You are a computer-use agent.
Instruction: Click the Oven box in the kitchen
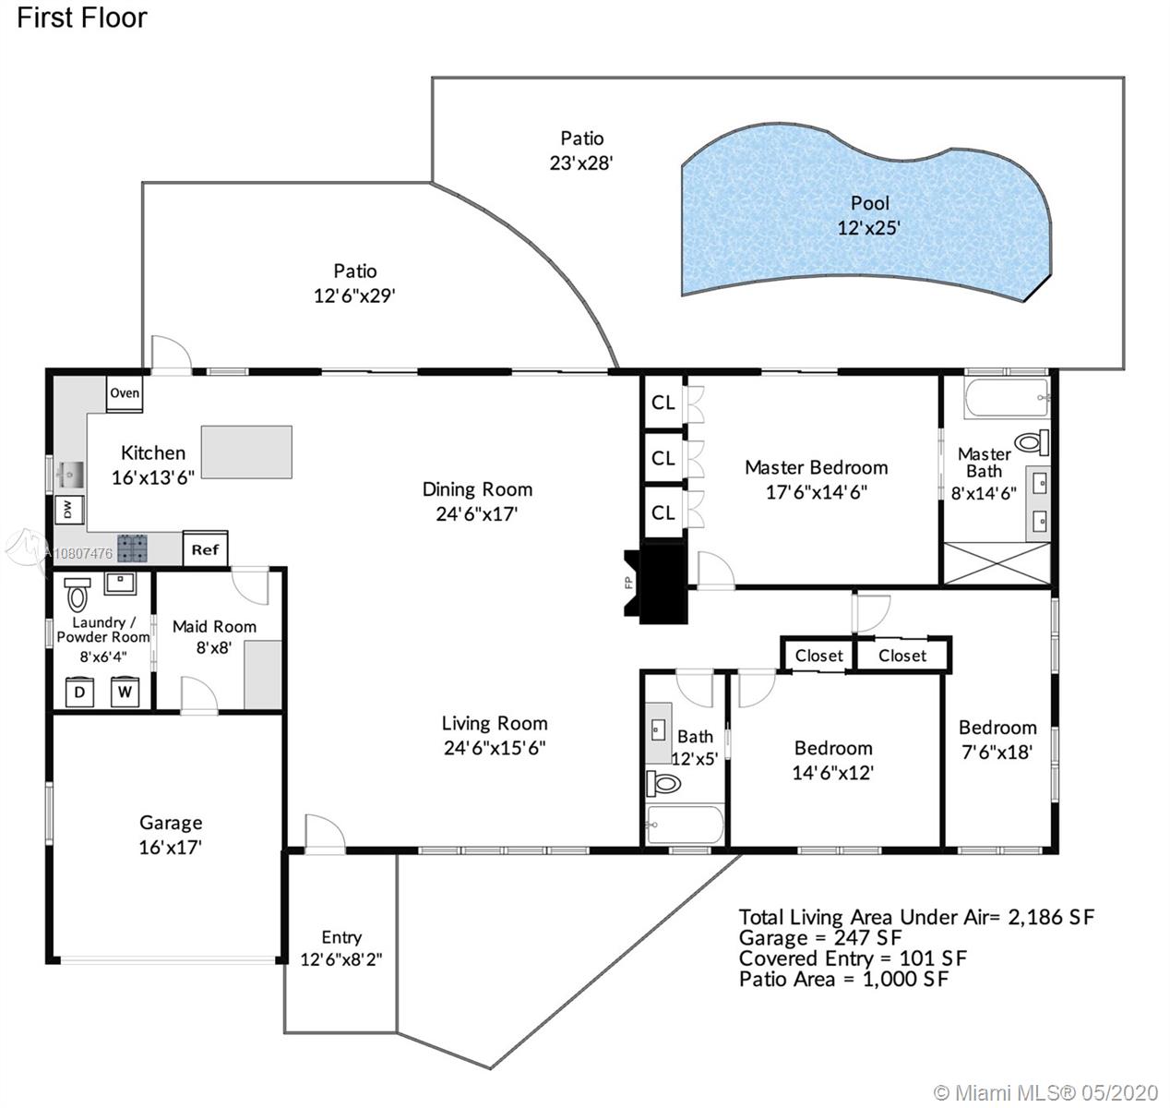pyautogui.click(x=125, y=393)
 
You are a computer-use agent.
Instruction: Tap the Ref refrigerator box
pyautogui.click(x=206, y=548)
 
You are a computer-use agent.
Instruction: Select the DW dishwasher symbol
pyautogui.click(x=68, y=510)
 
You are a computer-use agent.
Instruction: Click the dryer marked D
pyautogui.click(x=79, y=692)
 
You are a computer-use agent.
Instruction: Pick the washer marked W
pyautogui.click(x=125, y=692)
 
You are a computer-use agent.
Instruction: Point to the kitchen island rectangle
pyautogui.click(x=246, y=452)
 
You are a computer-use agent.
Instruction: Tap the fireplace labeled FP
pyautogui.click(x=654, y=583)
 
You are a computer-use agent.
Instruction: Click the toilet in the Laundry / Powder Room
pyautogui.click(x=78, y=593)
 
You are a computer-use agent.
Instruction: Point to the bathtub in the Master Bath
pyautogui.click(x=1007, y=398)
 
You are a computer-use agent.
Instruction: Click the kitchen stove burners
pyautogui.click(x=132, y=548)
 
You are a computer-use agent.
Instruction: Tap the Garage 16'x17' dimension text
pyautogui.click(x=170, y=847)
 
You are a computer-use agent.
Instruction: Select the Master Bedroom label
pyautogui.click(x=817, y=467)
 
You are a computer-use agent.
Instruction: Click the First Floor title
pyautogui.click(x=82, y=18)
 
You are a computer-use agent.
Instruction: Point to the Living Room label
pyautogui.click(x=495, y=723)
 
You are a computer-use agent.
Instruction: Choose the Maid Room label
pyautogui.click(x=214, y=627)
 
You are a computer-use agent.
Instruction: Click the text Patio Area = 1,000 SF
pyautogui.click(x=844, y=979)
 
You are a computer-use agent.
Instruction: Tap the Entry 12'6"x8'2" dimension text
pyautogui.click(x=341, y=959)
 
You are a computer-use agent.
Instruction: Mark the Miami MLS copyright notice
pyautogui.click(x=1045, y=1092)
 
